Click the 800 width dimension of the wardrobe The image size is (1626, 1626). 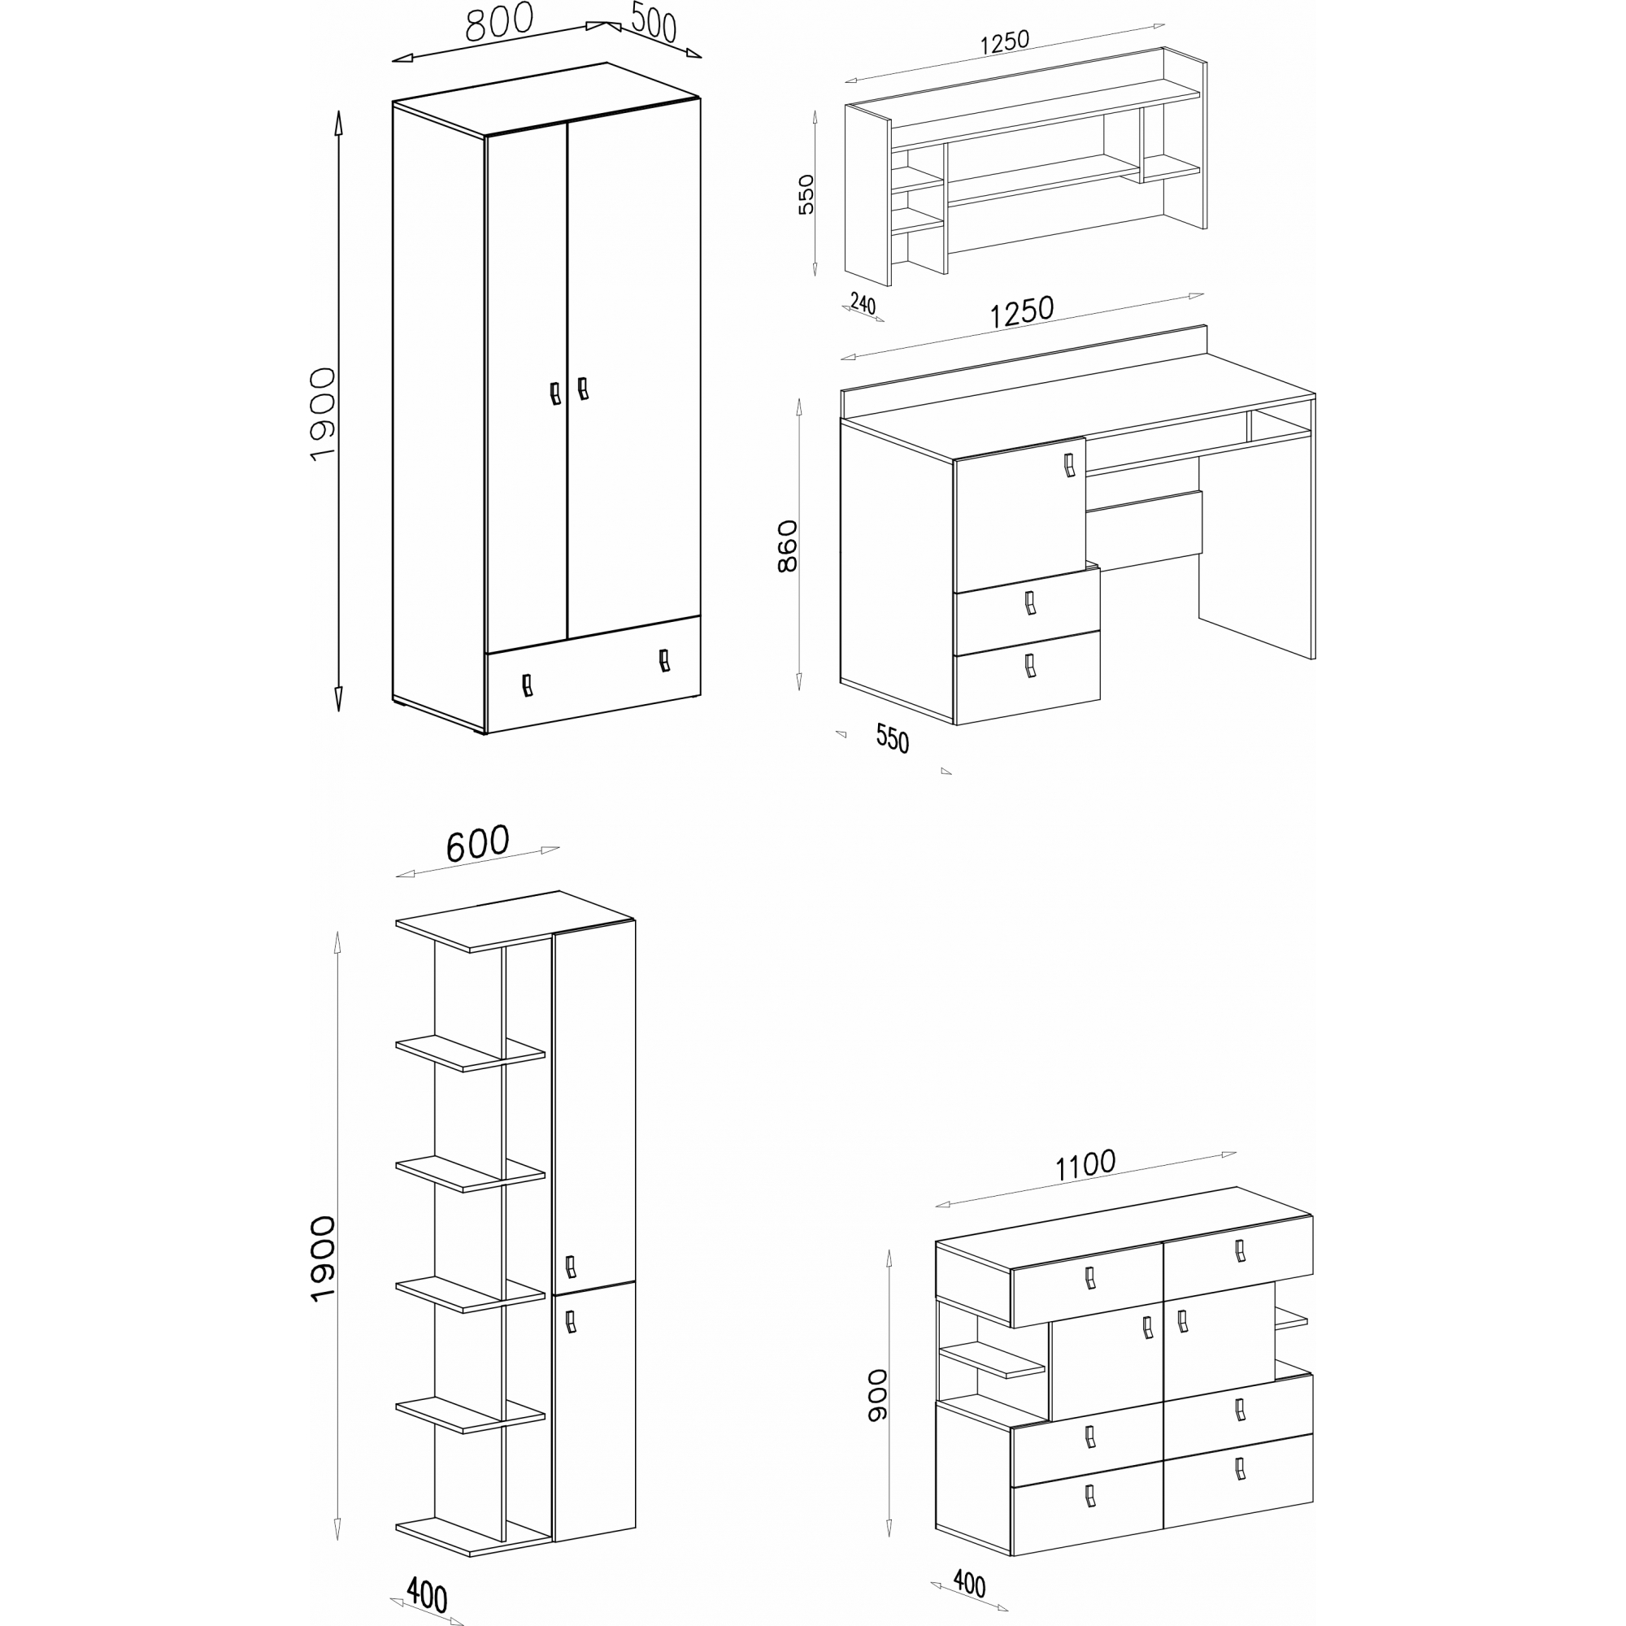499,23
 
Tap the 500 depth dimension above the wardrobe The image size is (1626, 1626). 653,23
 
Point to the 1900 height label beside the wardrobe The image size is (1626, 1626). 322,414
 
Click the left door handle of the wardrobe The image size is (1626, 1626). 554,393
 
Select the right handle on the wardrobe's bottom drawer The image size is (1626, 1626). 664,660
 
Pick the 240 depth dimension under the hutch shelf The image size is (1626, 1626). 863,302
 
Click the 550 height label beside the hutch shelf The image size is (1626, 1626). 806,194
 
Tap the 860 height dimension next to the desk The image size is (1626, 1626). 787,546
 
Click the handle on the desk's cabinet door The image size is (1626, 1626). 1069,464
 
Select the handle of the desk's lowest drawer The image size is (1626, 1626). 1029,666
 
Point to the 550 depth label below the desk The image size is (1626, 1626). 892,738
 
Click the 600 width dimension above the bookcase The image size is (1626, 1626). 477,843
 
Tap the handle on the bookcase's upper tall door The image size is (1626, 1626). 570,1266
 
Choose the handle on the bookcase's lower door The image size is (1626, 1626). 570,1321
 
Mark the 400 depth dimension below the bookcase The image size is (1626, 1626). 427,1593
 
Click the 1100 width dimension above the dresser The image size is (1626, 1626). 1085,1165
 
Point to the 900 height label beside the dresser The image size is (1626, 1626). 878,1394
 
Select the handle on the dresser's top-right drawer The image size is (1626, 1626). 1239,1250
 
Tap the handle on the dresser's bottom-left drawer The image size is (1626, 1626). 1090,1495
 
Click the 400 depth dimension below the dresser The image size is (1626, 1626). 969,1584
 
